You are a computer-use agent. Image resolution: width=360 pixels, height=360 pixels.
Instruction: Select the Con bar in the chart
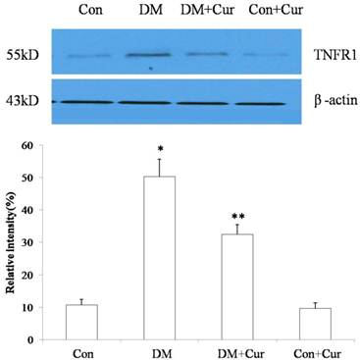[81, 322]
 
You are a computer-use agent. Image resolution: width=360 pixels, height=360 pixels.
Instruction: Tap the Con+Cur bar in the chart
[315, 324]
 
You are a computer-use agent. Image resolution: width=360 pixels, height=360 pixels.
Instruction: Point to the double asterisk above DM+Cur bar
[237, 216]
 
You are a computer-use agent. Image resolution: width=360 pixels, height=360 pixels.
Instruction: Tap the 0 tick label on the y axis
[40, 339]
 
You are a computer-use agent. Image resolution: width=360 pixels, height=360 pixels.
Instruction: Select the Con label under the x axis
[81, 351]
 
